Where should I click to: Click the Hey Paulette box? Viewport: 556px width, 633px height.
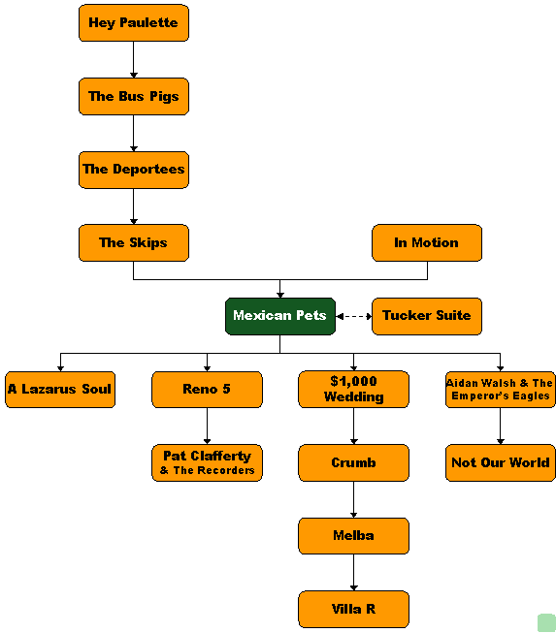(x=134, y=23)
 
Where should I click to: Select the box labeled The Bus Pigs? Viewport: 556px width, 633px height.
(x=134, y=97)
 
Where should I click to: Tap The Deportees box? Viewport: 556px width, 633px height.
(x=134, y=170)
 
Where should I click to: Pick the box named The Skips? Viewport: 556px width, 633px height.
(x=134, y=243)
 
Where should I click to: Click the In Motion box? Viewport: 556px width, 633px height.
(x=427, y=243)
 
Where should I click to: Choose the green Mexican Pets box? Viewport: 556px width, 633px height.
(x=280, y=316)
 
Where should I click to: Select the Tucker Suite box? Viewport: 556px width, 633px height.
(x=427, y=316)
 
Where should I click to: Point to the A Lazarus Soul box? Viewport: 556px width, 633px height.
(x=60, y=390)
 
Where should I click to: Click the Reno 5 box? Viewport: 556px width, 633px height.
(x=207, y=390)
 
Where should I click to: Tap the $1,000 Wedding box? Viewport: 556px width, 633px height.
(x=353, y=389)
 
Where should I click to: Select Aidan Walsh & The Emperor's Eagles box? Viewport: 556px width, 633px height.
(x=501, y=390)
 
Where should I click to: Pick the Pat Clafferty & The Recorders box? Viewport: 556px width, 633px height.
(x=207, y=463)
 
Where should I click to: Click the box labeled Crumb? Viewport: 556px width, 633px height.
(x=353, y=463)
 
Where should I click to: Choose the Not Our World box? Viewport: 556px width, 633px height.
(x=501, y=463)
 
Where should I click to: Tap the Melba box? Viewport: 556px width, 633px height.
(x=353, y=536)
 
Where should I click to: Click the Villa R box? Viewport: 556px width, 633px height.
(x=353, y=610)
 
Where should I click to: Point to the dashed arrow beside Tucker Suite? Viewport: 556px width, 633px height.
(x=353, y=316)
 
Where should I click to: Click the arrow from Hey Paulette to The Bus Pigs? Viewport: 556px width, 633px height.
(x=134, y=60)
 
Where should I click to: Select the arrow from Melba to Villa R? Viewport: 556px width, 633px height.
(x=353, y=573)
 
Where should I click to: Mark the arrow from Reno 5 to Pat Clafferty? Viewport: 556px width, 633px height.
(x=207, y=427)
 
